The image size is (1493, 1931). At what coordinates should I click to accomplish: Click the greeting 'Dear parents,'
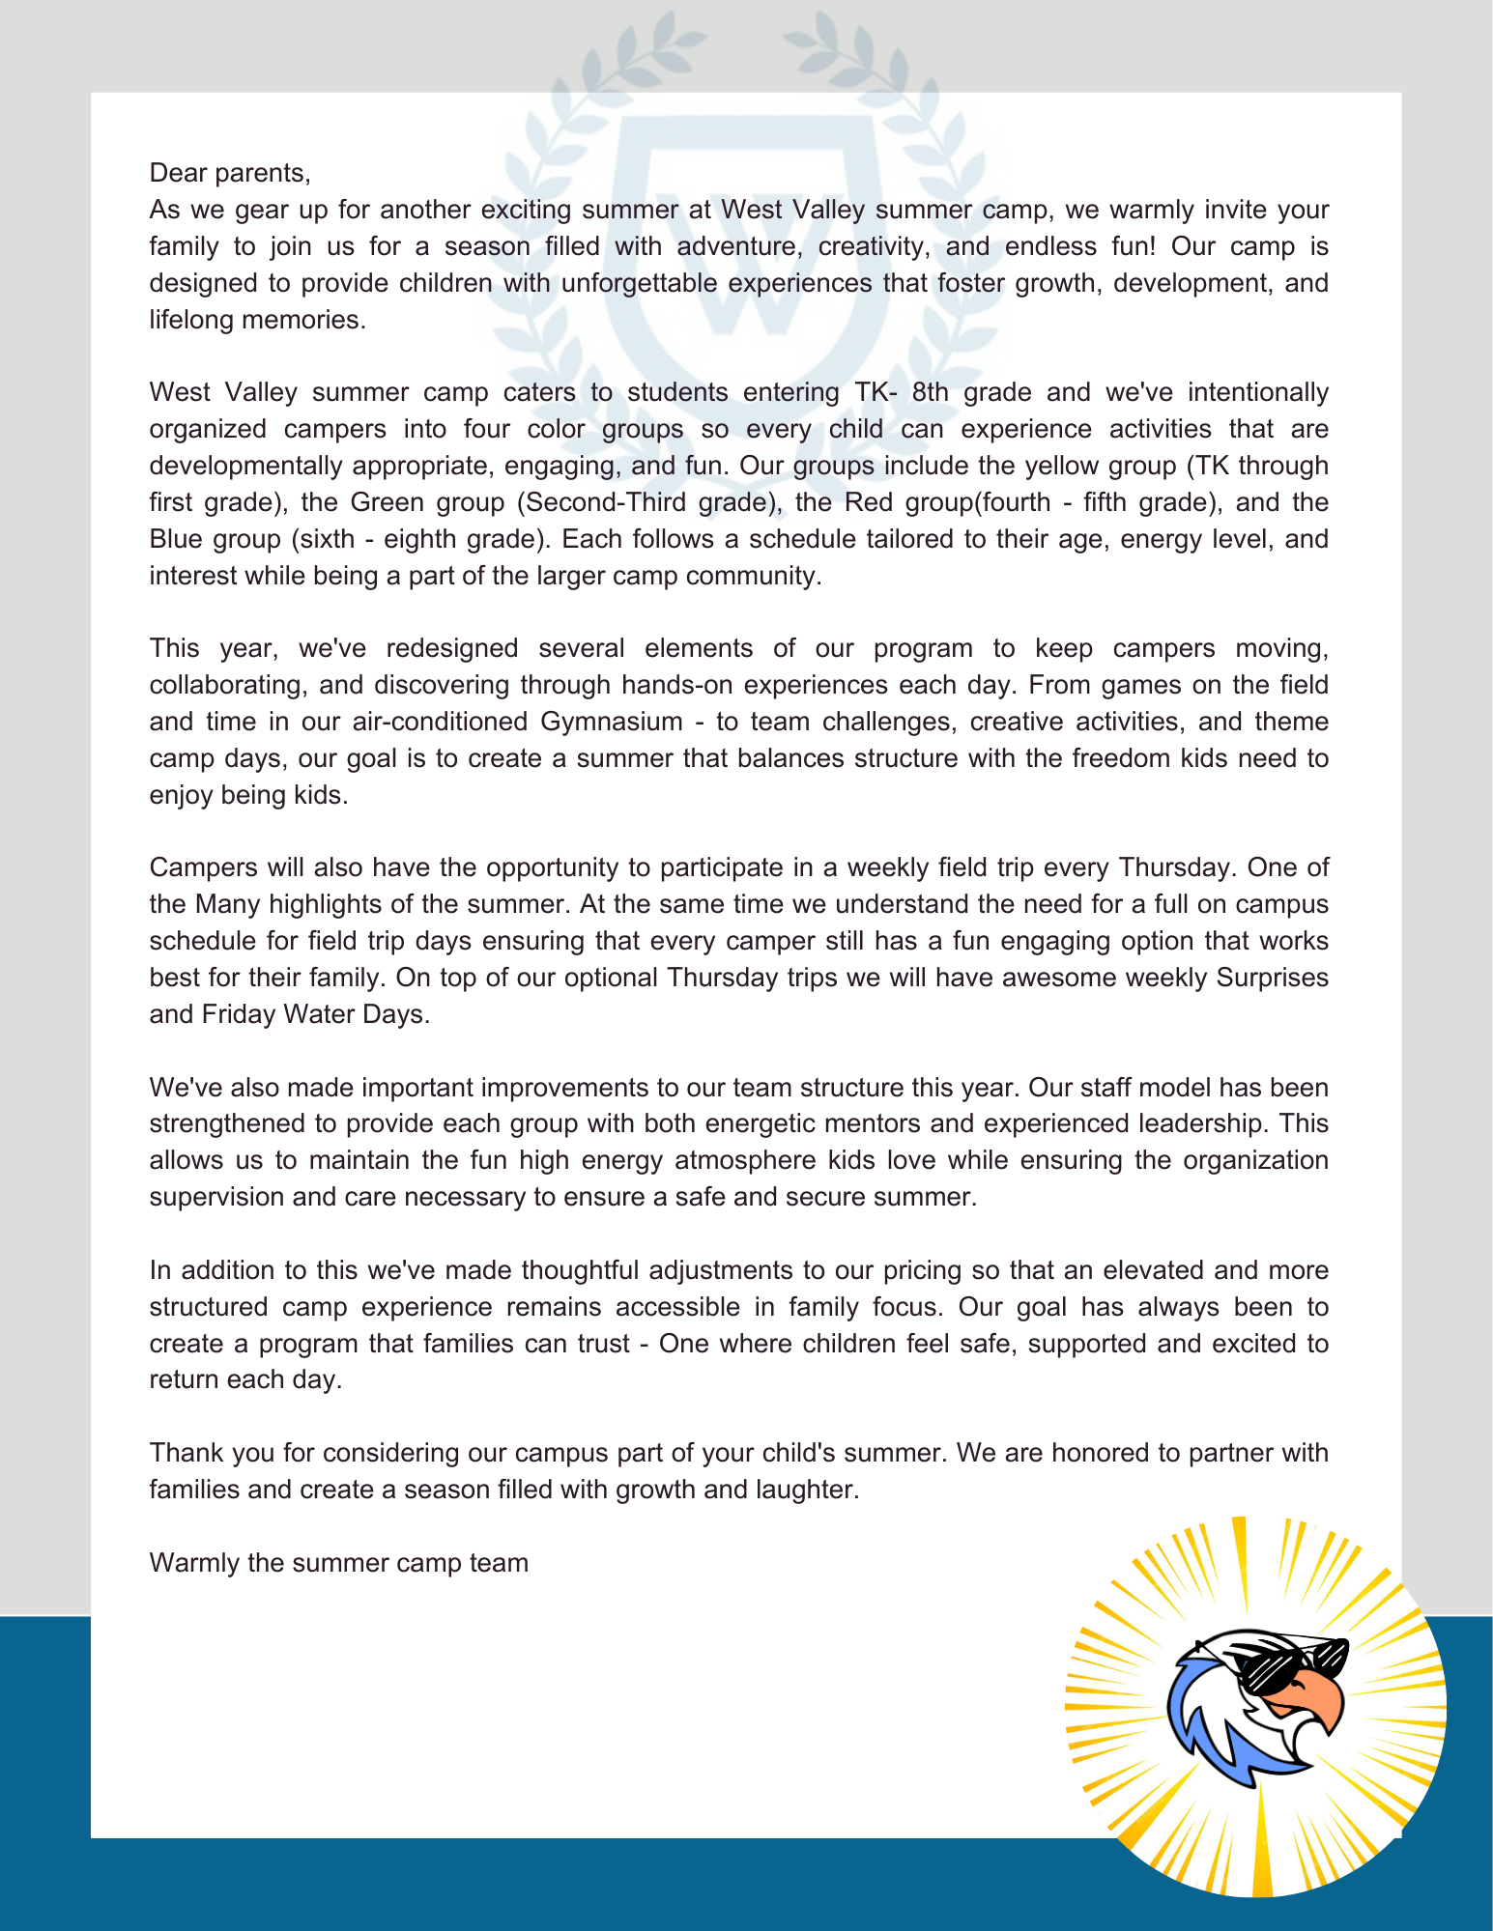230,173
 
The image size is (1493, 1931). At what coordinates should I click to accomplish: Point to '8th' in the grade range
930,392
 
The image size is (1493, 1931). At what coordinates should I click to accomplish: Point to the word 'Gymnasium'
612,722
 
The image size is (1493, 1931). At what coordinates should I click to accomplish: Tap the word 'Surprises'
1272,978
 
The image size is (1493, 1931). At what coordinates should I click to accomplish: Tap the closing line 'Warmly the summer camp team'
339,1563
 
